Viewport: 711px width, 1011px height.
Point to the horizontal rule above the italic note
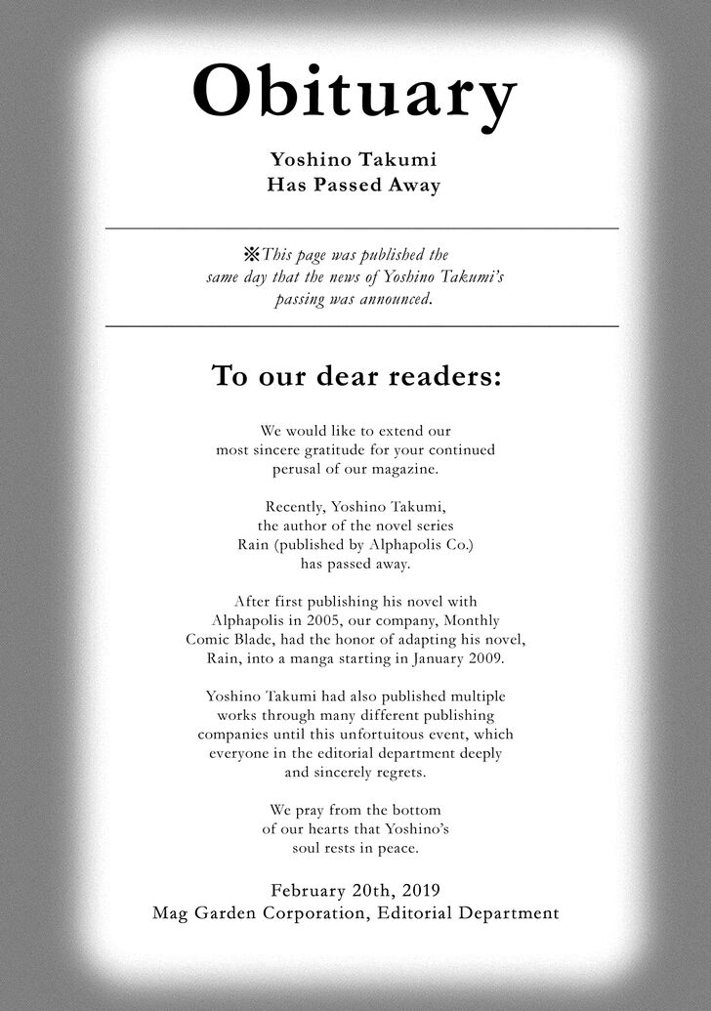tap(361, 228)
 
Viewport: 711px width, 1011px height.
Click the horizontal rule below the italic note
tap(361, 326)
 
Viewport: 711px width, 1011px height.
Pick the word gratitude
tap(366, 449)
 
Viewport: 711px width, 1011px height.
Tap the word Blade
tap(256, 639)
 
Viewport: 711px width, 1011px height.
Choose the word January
tap(434, 657)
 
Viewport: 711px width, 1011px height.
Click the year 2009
tap(484, 657)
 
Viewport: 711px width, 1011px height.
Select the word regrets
tap(398, 771)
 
